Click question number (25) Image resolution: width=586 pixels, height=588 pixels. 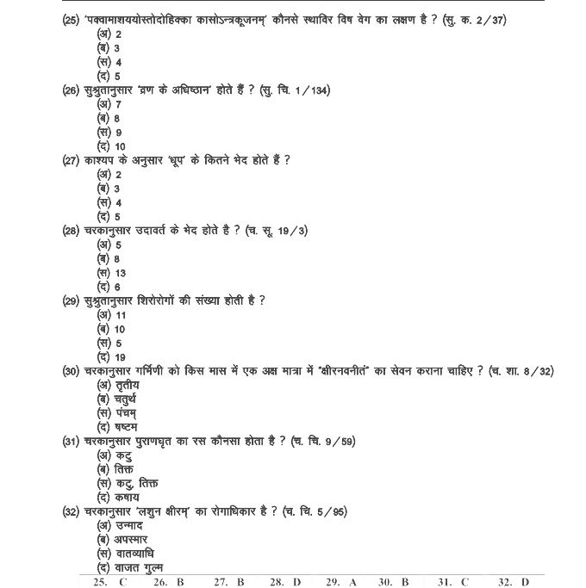click(x=72, y=20)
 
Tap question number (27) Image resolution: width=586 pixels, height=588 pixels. click(x=72, y=160)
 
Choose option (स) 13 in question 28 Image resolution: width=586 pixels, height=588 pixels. click(x=112, y=273)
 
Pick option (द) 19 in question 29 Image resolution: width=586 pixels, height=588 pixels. click(x=112, y=357)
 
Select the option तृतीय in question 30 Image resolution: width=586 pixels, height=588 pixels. click(x=118, y=385)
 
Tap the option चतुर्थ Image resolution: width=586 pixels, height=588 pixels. click(x=118, y=399)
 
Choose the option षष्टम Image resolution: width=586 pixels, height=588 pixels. click(x=117, y=427)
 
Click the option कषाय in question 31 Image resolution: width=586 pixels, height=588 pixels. click(x=118, y=498)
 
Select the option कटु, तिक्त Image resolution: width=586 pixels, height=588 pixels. click(x=128, y=484)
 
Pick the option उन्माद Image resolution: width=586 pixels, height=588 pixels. click(x=120, y=525)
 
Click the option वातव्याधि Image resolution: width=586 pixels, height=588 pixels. click(x=125, y=554)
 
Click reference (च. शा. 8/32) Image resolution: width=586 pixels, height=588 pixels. click(x=521, y=371)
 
